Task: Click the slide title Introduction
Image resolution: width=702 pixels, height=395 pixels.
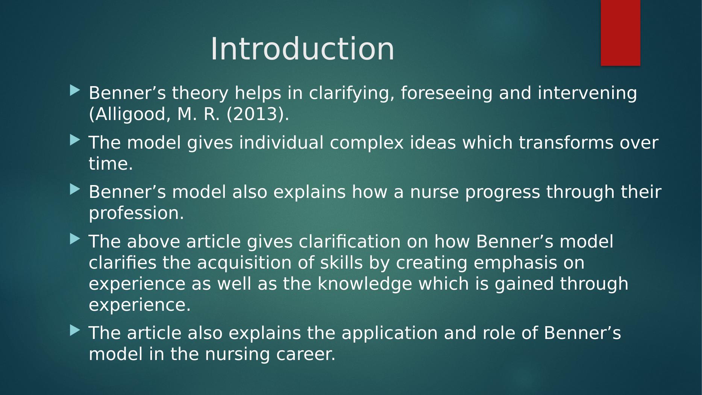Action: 302,49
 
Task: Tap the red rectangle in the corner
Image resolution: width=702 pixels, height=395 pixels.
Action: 620,33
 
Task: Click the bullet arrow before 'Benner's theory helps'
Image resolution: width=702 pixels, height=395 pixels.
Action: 75,90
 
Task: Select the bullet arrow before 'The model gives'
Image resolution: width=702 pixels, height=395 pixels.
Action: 75,140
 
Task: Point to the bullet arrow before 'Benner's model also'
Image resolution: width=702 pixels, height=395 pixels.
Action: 75,189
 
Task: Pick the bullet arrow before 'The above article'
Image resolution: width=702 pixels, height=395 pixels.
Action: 75,239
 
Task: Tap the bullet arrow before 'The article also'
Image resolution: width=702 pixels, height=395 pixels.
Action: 75,331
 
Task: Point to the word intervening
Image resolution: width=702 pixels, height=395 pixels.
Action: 588,93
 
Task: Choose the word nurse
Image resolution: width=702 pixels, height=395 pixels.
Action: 434,192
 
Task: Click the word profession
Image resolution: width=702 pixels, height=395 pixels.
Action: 136,214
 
